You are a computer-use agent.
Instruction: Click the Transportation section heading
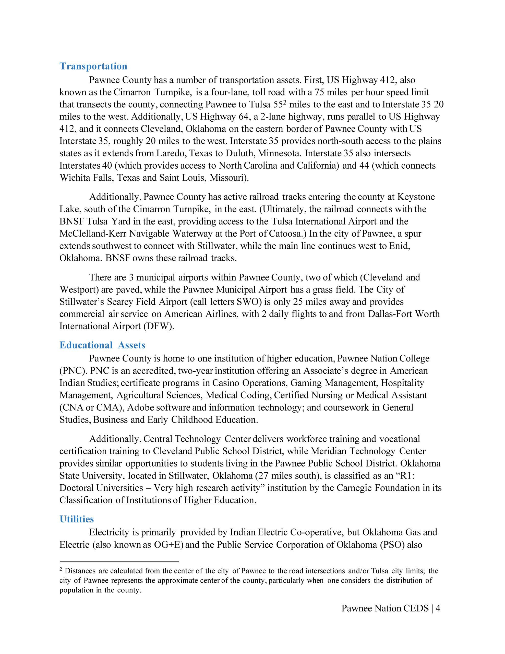[x=93, y=66]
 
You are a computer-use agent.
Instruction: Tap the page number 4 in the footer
[x=438, y=608]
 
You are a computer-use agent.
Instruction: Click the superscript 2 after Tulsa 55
[x=285, y=103]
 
